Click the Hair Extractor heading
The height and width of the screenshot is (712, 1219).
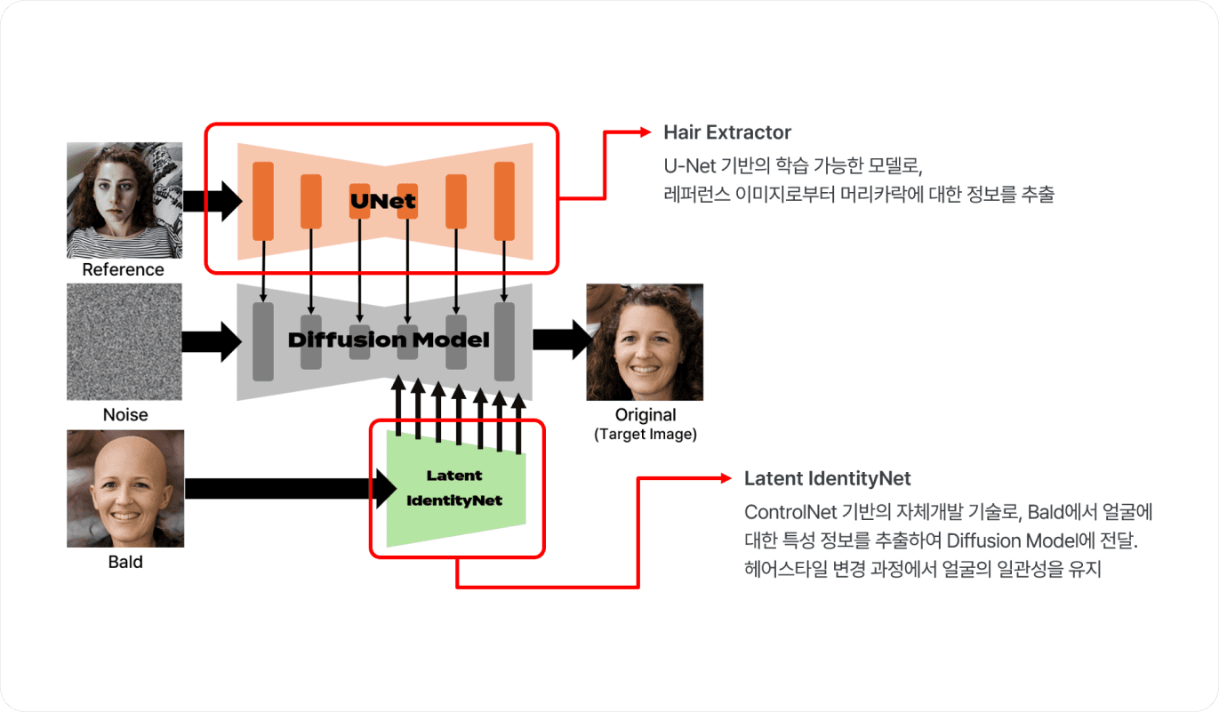coord(727,132)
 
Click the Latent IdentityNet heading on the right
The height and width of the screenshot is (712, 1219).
coord(827,478)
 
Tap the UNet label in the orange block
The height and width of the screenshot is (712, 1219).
coord(383,201)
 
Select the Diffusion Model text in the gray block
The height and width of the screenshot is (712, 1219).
coord(389,340)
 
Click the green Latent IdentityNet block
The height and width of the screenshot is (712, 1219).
coord(456,488)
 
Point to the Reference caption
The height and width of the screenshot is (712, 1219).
coord(123,269)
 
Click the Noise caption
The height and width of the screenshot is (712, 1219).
coord(125,415)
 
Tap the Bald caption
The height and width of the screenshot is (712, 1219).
coord(125,562)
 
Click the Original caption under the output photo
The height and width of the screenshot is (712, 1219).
coord(646,415)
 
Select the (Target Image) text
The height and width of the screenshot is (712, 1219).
coord(646,434)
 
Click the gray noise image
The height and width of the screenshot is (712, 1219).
coord(124,342)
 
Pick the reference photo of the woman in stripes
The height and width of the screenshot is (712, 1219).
coord(124,200)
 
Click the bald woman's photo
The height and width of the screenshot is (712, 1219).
coord(125,489)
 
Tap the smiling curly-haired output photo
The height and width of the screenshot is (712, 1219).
coord(645,342)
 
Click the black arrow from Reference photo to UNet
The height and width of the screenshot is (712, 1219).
coord(213,201)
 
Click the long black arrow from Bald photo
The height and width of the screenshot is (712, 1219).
coord(291,489)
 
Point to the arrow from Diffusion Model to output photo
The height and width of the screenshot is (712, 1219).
coord(563,340)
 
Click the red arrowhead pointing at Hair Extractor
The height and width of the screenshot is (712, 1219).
coord(646,132)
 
